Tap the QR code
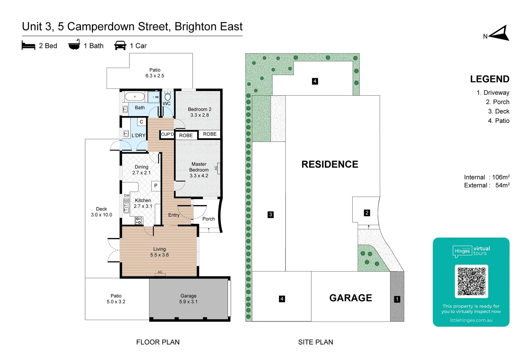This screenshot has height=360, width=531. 471,281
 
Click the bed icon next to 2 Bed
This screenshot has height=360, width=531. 28,45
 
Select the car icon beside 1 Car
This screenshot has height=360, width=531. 120,46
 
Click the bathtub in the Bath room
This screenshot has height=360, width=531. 135,97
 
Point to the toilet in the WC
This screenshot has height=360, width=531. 168,96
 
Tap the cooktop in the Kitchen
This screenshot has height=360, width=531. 138,220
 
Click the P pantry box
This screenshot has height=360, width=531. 156,186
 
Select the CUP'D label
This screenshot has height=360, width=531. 167,134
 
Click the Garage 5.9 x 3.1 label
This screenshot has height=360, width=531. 188,299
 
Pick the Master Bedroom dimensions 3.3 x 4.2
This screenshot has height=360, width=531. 199,176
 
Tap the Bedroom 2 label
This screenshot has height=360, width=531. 199,109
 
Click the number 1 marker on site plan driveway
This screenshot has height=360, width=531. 397,299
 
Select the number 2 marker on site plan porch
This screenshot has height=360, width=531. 367,213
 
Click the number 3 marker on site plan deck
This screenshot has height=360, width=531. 271,215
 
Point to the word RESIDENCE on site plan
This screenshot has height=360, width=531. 330,164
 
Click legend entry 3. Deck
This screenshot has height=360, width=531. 499,111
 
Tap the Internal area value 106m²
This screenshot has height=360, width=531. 501,177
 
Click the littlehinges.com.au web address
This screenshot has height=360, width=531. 471,320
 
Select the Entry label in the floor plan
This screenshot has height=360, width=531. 174,215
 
